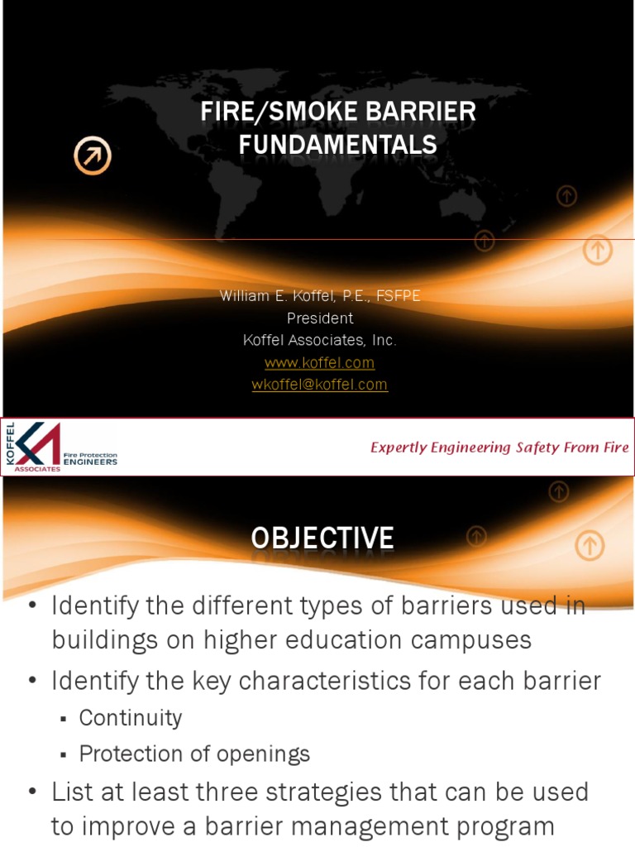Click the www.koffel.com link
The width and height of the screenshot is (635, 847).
(319, 362)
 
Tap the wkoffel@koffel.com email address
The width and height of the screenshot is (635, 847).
(319, 385)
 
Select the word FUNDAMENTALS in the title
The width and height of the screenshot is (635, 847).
(337, 146)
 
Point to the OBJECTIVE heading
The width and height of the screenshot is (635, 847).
(322, 538)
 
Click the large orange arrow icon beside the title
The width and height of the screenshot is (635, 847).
(92, 156)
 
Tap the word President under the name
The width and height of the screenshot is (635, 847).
(319, 318)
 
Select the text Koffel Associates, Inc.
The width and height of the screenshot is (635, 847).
(319, 340)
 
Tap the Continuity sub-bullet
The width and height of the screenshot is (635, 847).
(130, 718)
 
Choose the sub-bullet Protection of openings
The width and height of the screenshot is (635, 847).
(194, 754)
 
